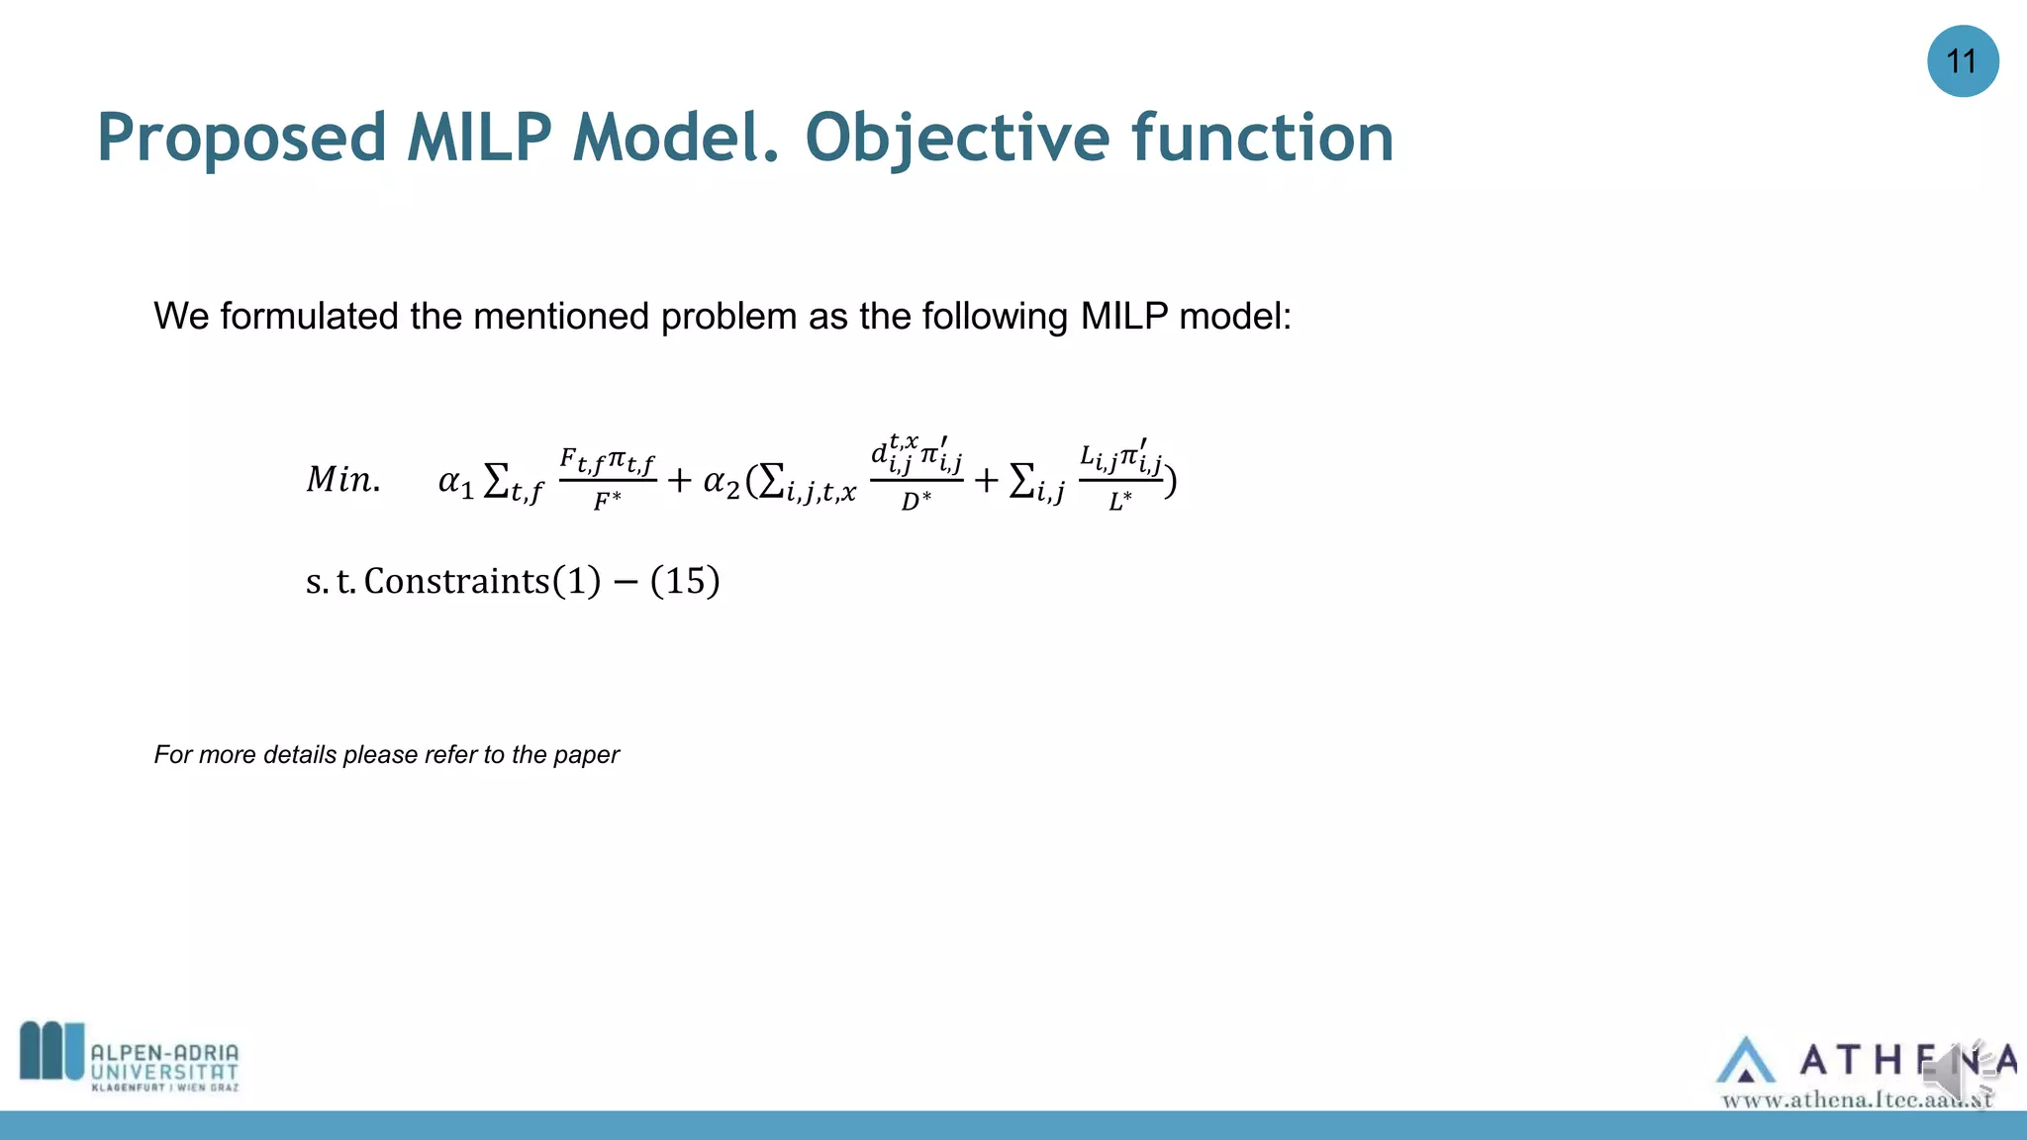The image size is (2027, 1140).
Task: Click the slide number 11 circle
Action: coord(1962,61)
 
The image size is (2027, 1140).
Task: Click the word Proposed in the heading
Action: coord(241,139)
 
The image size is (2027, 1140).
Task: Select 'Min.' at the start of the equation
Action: coord(342,480)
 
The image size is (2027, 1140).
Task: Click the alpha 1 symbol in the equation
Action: coord(456,482)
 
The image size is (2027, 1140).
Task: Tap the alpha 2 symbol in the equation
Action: coord(721,482)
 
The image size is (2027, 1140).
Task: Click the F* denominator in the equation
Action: coord(607,502)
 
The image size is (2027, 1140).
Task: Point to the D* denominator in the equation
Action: coord(916,502)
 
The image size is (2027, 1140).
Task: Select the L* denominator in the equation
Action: coord(1119,502)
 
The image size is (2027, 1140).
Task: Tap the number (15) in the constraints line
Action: coord(685,581)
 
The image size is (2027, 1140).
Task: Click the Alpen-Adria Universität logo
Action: coord(130,1057)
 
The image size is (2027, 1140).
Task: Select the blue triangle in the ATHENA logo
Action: coord(1745,1061)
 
